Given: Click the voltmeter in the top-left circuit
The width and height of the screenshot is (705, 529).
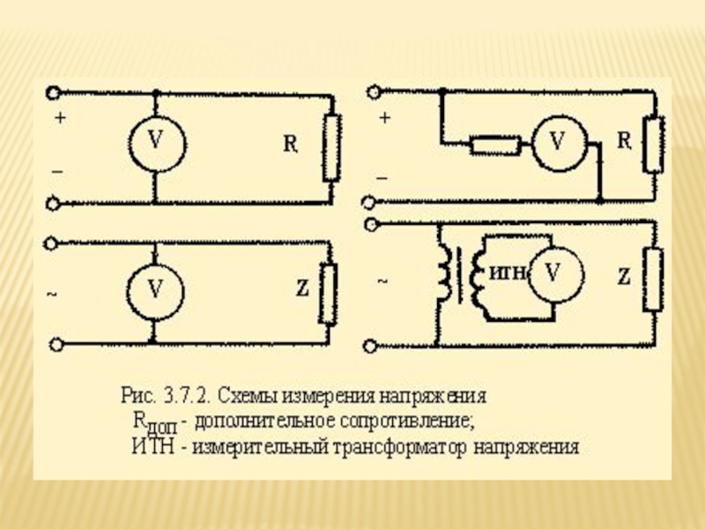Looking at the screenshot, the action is point(154,141).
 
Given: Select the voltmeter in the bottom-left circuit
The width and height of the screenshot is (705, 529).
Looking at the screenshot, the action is point(154,289).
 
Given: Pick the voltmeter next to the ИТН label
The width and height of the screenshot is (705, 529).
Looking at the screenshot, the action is point(553,273).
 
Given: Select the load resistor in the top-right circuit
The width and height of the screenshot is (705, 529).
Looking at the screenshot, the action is point(652,144).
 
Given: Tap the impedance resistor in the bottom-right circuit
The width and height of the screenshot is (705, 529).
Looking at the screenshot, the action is point(652,279).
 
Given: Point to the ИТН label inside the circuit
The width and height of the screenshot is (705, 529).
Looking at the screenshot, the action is point(507,274).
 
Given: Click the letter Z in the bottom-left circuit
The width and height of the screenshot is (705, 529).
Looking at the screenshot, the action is point(302,287).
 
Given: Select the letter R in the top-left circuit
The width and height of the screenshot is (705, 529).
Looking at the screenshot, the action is point(289,144).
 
